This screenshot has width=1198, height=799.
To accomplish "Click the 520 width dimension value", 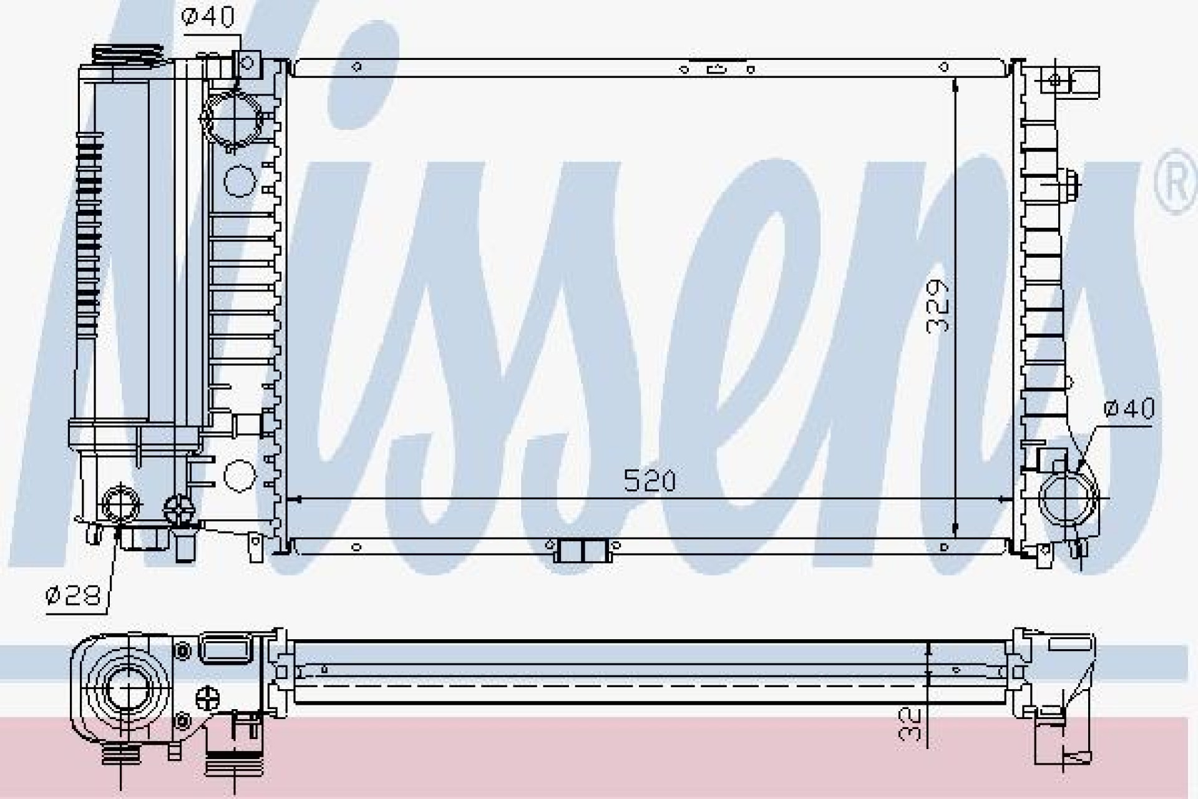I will (649, 482).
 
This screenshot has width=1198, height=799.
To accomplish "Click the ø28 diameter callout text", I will (74, 596).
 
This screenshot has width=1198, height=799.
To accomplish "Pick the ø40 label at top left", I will (208, 17).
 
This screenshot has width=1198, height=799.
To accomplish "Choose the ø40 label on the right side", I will (1129, 409).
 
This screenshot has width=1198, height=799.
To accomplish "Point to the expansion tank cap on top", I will (130, 55).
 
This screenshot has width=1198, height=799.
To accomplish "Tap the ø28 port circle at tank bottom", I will (121, 503).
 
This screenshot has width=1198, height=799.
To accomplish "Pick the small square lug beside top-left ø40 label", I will (247, 62).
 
